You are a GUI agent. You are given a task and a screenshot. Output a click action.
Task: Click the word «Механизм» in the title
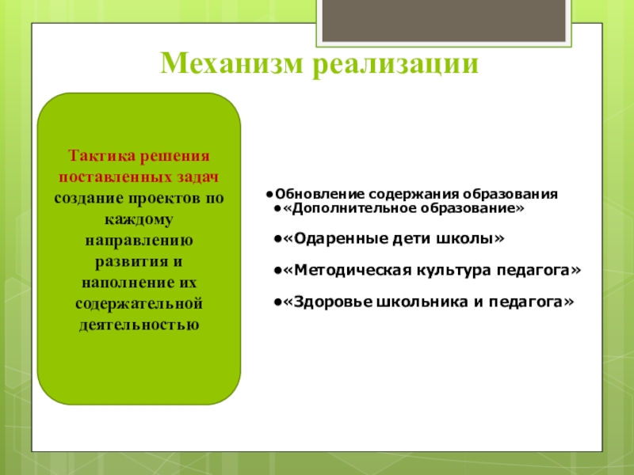(x=231, y=63)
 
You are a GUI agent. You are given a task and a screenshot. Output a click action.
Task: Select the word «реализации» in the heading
(x=395, y=66)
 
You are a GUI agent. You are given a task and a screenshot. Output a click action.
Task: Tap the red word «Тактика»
(x=101, y=155)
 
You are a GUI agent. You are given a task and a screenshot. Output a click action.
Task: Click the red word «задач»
(x=197, y=177)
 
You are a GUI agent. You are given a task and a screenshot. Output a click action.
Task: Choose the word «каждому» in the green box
(x=139, y=220)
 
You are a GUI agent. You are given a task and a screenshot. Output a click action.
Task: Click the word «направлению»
(x=139, y=241)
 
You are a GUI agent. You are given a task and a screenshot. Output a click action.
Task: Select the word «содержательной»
(x=139, y=303)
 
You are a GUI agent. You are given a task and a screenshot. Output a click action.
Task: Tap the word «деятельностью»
(x=139, y=325)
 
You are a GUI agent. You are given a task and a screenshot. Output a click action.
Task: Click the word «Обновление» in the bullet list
(x=320, y=194)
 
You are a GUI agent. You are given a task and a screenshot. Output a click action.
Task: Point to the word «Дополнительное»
(x=350, y=208)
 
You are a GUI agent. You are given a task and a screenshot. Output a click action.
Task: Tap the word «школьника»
(x=422, y=302)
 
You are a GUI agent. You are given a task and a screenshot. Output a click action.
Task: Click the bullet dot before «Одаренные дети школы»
(x=277, y=239)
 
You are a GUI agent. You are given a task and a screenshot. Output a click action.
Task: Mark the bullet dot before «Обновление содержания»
(x=269, y=195)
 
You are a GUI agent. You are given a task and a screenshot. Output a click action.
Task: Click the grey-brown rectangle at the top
(x=444, y=21)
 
